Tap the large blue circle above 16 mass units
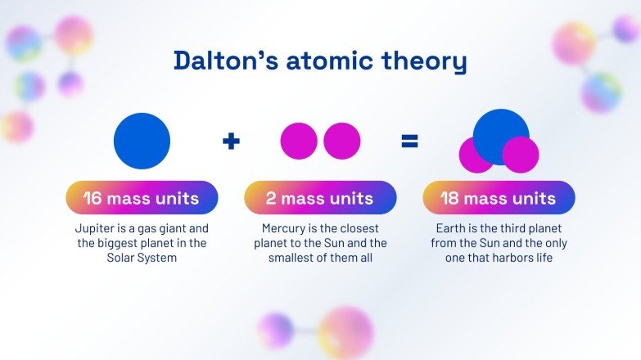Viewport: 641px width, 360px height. [142, 141]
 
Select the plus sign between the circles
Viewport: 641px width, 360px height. [232, 142]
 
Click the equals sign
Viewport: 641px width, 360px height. [409, 142]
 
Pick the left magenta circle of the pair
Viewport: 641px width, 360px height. [299, 141]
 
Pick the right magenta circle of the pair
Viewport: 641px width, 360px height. [341, 141]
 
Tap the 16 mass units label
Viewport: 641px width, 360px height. [142, 198]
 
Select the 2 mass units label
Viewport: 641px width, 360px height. [320, 198]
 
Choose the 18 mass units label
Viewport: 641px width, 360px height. [499, 198]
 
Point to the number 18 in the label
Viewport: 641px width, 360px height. [450, 198]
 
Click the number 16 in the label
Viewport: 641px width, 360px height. [92, 198]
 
